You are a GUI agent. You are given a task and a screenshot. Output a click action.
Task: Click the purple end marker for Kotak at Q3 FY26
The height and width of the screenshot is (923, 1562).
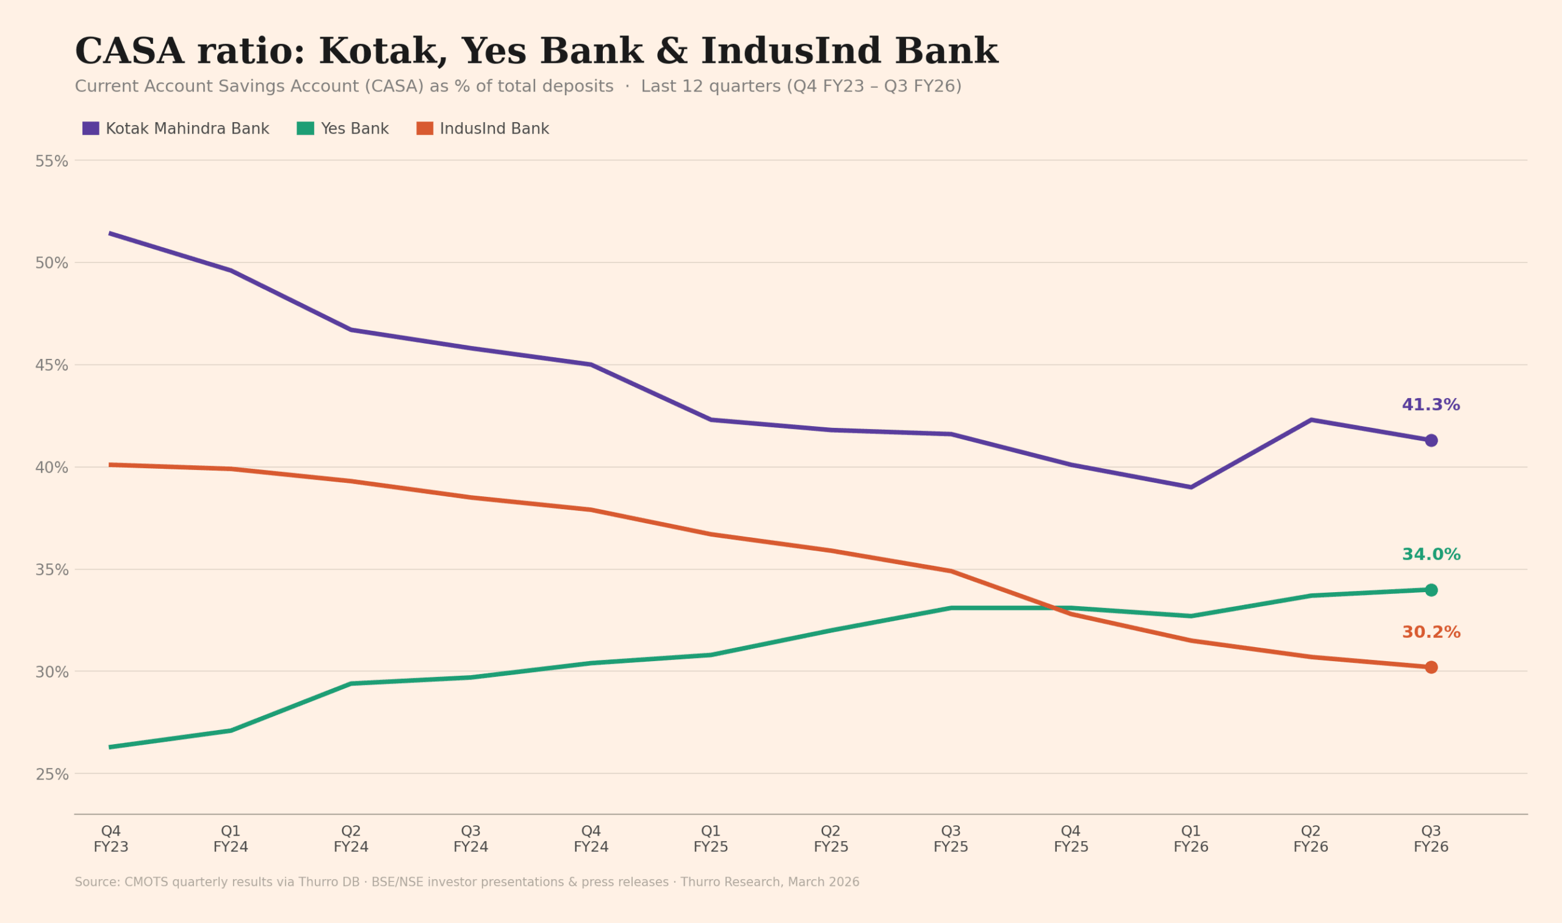point(1431,440)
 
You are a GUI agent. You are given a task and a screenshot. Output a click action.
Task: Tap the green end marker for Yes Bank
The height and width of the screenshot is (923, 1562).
point(1431,590)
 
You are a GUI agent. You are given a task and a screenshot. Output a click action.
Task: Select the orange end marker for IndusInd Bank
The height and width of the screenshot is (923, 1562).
point(1431,667)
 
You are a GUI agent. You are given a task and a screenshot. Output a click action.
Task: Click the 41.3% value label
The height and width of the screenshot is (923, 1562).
point(1431,405)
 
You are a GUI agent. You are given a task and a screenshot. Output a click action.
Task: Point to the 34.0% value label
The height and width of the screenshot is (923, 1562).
point(1431,555)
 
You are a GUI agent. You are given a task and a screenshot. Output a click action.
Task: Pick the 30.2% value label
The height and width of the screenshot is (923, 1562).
point(1431,632)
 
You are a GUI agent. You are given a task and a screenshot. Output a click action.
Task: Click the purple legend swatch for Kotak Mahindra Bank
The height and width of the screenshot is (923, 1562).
point(91,129)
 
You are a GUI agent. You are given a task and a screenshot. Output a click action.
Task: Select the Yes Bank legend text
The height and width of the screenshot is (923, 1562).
point(355,129)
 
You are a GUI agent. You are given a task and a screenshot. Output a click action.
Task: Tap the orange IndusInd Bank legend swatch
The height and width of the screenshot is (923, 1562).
point(425,129)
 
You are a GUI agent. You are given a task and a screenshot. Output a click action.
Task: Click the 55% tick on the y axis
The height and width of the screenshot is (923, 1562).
point(52,162)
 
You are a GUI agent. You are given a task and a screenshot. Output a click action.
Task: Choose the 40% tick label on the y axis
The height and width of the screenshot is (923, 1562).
point(52,468)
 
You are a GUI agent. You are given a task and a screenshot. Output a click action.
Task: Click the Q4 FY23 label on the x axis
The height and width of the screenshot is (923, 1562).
point(111,839)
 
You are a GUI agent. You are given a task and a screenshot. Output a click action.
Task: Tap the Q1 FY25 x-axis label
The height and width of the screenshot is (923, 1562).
point(711,839)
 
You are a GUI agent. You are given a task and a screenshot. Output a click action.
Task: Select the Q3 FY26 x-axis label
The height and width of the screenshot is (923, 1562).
point(1431,839)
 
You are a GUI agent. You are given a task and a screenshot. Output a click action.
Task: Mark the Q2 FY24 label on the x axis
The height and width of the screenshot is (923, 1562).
point(351,839)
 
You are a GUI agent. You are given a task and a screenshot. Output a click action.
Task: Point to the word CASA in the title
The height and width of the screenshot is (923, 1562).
point(129,52)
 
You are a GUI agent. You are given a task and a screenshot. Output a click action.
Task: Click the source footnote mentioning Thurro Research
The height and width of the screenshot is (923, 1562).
point(467,883)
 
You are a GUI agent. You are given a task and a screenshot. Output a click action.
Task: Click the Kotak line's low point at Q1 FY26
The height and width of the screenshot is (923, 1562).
point(1191,487)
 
